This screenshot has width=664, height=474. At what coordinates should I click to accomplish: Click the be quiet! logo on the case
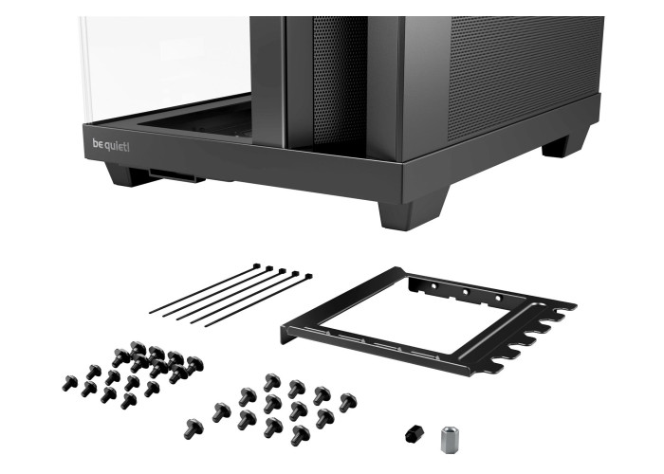111,146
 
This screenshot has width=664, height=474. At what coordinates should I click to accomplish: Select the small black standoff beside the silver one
413,434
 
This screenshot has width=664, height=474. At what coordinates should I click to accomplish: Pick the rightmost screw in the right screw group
348,403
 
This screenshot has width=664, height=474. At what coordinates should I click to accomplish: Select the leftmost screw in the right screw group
194,428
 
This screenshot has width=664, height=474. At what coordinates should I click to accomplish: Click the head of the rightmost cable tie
308,277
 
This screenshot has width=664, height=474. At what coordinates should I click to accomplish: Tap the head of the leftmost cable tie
257,266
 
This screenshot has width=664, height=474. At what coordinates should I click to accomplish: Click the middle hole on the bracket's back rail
466,292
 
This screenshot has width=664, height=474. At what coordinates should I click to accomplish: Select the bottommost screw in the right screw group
301,434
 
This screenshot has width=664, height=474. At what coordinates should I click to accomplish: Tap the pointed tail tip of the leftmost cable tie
150,313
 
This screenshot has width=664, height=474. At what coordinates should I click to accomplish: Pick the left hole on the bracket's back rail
433,286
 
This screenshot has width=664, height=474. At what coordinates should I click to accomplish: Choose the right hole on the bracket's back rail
498,299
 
